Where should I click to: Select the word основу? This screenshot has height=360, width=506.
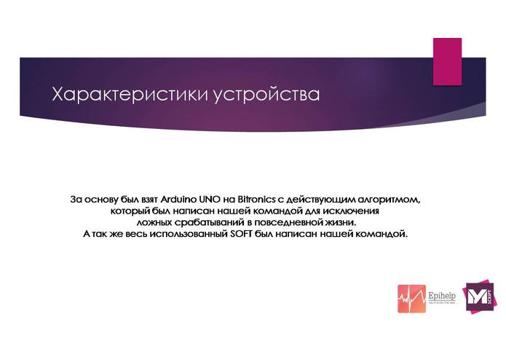click(104, 198)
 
